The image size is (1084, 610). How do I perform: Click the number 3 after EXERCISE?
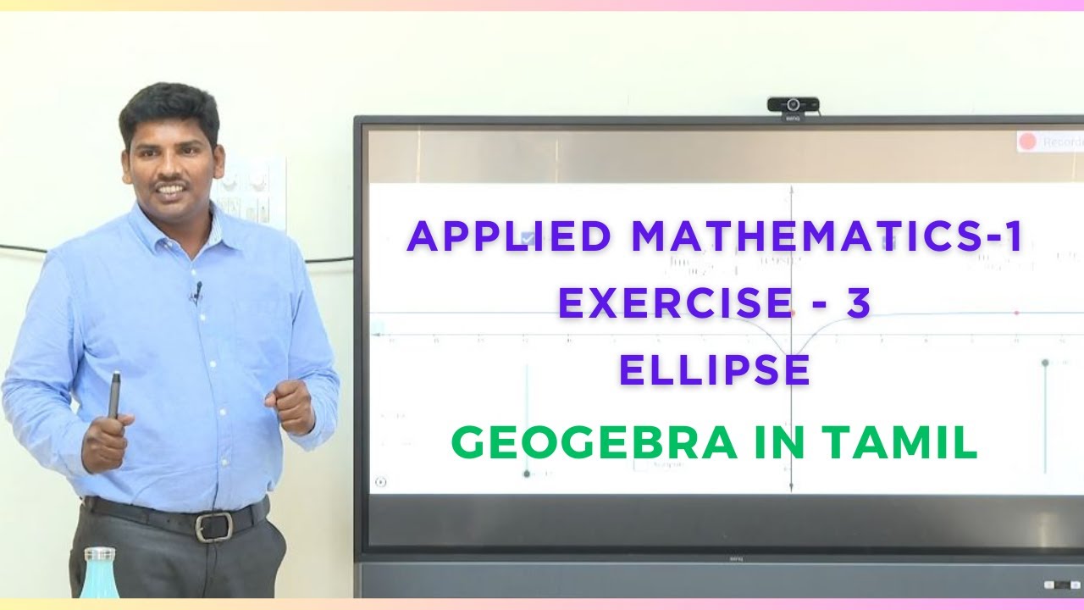858,304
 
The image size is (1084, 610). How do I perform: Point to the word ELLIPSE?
715,370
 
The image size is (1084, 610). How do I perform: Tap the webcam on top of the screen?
793,105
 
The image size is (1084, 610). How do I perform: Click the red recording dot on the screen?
1027,141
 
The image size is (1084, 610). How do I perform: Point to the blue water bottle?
98,575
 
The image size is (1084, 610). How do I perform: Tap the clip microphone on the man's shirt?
196,293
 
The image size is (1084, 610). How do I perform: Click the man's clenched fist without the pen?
290,405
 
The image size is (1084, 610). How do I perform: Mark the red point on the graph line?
1017,313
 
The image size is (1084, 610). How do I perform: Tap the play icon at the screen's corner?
380,482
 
